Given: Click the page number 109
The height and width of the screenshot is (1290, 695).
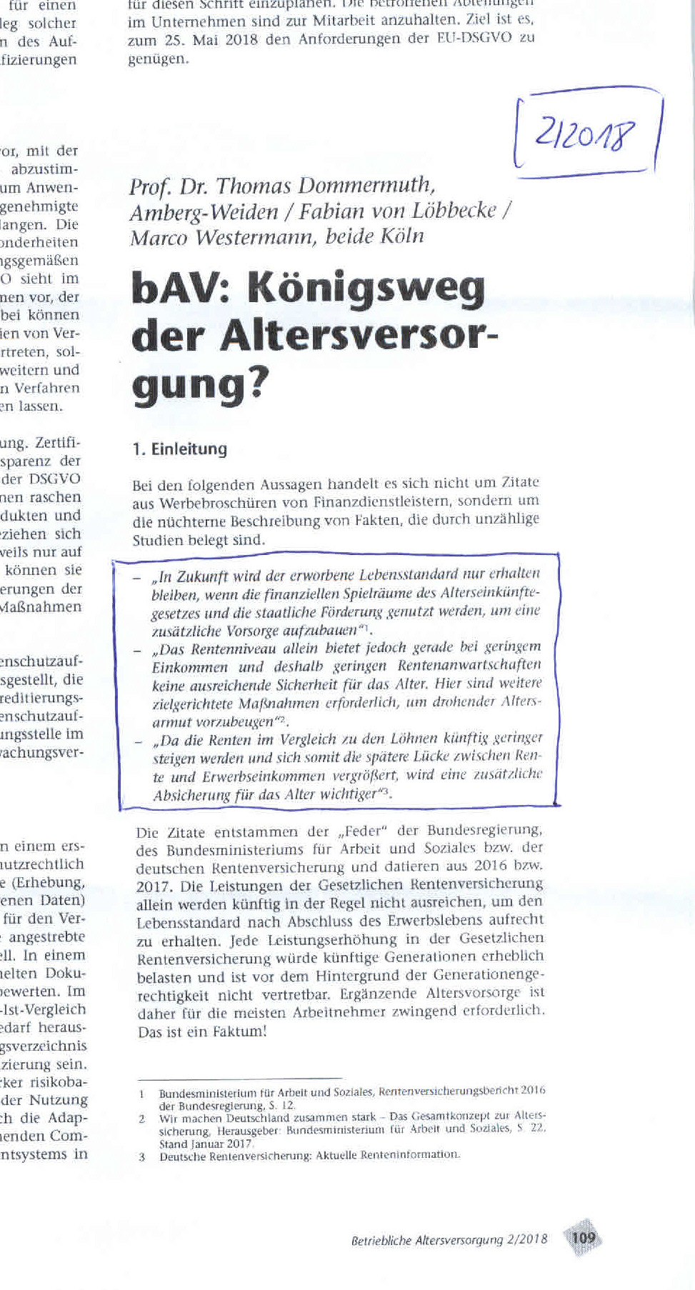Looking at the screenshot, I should point(583,1237).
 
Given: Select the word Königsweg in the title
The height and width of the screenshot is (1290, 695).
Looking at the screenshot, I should point(366,290).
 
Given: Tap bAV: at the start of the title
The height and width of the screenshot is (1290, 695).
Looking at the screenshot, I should point(183,289).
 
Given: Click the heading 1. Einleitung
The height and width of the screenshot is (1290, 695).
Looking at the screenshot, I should point(179,449).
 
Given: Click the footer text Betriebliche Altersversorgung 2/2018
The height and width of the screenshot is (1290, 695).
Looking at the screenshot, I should point(449,1240).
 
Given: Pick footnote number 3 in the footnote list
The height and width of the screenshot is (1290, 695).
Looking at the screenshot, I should point(142,1157).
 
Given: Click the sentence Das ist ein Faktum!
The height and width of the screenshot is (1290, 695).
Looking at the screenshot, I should point(202,1031).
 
